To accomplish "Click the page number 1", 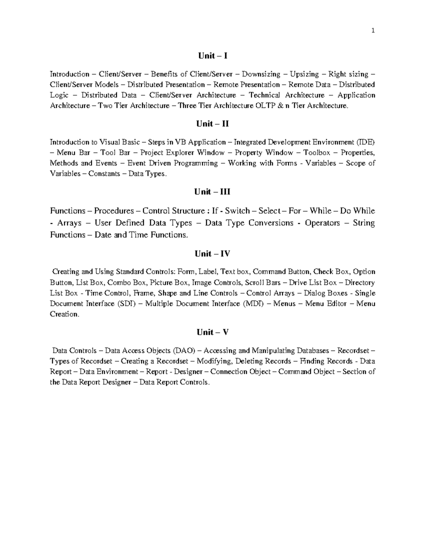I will click(x=373, y=31).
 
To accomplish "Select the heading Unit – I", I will click(x=212, y=56).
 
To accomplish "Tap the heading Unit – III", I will click(x=212, y=192).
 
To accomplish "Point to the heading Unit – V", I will click(x=212, y=332).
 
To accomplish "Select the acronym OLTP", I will click(x=265, y=106).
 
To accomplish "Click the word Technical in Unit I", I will click(x=264, y=95).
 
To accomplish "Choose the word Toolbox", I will click(x=317, y=153).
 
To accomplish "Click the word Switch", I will click(x=237, y=211).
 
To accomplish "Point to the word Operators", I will click(x=322, y=223).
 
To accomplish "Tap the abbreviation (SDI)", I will click(x=126, y=304).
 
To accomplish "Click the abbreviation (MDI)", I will click(x=253, y=304).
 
